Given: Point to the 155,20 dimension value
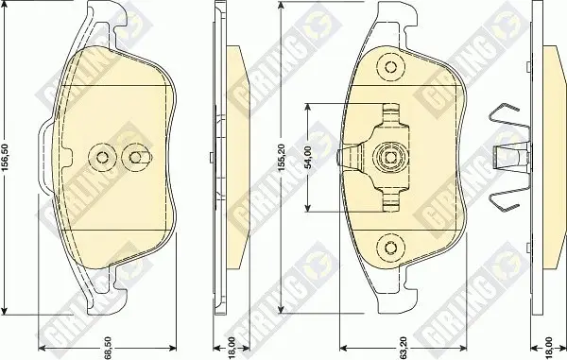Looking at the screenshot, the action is [x=283, y=157].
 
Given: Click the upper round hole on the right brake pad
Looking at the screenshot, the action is [x=390, y=67].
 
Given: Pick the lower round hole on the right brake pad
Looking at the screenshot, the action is [x=390, y=248].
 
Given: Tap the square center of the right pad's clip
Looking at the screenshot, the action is [x=390, y=158].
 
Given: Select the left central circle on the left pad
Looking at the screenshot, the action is [x=102, y=157].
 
